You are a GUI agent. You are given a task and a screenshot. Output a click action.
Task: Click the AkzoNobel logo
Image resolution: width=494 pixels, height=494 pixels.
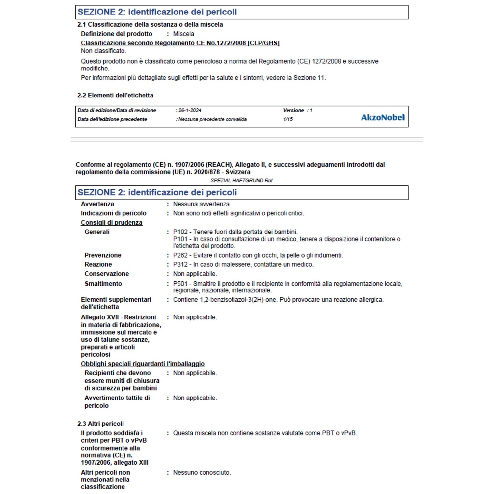point(383,117)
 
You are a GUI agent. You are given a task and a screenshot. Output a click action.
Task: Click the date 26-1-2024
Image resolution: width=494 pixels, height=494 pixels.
point(190,110)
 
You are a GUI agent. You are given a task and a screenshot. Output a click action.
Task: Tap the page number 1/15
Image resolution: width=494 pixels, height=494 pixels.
point(288,119)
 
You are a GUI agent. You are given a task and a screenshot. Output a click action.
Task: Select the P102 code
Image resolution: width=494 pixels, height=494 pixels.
point(180,232)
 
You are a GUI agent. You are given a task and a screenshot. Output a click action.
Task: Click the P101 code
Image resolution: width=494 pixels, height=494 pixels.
point(180,239)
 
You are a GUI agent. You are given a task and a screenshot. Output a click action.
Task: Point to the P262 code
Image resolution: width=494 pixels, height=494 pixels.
point(180,255)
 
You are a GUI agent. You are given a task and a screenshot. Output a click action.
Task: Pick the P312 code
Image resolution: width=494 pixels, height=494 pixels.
point(180,264)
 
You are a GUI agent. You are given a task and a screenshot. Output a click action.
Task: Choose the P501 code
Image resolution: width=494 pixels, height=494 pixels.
point(180,284)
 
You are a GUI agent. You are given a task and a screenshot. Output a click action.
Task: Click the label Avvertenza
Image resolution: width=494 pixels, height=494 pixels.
point(97,204)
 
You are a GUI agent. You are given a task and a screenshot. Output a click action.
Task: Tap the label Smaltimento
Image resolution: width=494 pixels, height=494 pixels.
point(103,284)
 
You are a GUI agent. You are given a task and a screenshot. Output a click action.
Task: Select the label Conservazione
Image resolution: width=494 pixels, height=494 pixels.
point(107,274)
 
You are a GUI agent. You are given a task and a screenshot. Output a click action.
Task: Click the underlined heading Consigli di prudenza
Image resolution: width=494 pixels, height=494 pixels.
point(112,223)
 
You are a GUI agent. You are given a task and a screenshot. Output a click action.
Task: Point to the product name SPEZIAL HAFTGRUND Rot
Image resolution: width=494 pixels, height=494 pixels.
point(242,180)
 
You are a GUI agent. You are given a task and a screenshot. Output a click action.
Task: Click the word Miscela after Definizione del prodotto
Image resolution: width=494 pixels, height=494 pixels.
point(183,34)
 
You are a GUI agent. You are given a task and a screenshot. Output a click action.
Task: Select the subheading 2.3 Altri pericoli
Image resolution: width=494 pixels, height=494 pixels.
point(100,424)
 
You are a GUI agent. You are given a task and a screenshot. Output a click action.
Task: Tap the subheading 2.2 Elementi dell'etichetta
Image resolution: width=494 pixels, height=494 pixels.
point(115,95)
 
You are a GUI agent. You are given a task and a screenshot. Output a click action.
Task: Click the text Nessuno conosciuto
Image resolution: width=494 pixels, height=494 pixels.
point(202,473)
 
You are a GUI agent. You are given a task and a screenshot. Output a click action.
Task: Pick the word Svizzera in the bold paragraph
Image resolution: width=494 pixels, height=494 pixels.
point(238,172)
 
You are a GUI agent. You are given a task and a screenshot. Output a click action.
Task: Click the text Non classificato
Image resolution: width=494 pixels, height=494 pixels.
point(103,51)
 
